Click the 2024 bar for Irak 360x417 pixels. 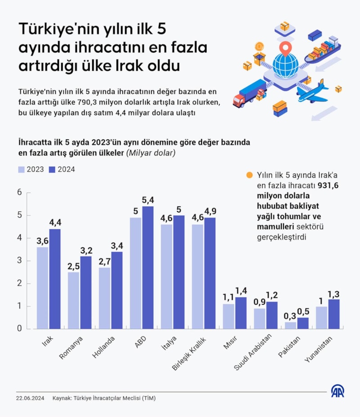click(55, 279)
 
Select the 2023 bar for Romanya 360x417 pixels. click(73, 300)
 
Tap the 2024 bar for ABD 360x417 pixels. click(148, 268)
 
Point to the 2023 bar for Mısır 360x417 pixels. click(229, 316)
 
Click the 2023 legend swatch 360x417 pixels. click(22, 170)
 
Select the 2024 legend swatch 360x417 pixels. click(51, 170)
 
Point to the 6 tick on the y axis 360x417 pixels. click(19, 193)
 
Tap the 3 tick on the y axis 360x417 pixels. click(19, 261)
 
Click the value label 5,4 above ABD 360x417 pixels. click(148, 200)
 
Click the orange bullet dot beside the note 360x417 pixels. click(250, 175)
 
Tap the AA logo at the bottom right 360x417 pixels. click(337, 391)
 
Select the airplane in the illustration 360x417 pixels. click(315, 91)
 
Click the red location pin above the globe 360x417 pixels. click(284, 47)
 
